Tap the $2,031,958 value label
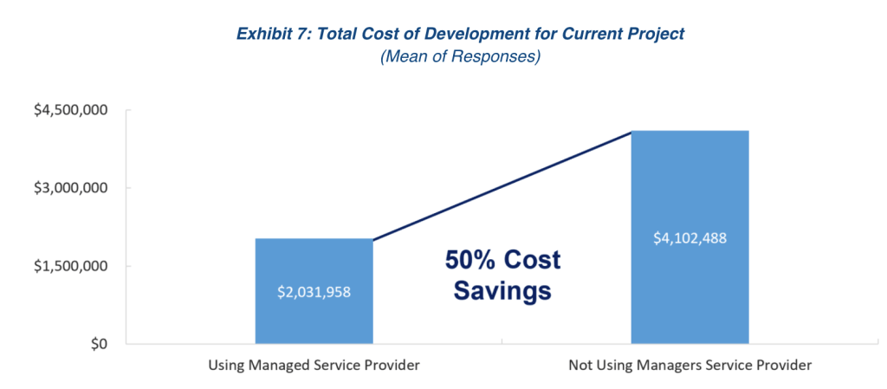pos(314,292)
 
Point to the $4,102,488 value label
pos(690,237)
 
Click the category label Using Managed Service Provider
pos(314,366)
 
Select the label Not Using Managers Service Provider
pos(690,366)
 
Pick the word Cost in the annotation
pos(534,260)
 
